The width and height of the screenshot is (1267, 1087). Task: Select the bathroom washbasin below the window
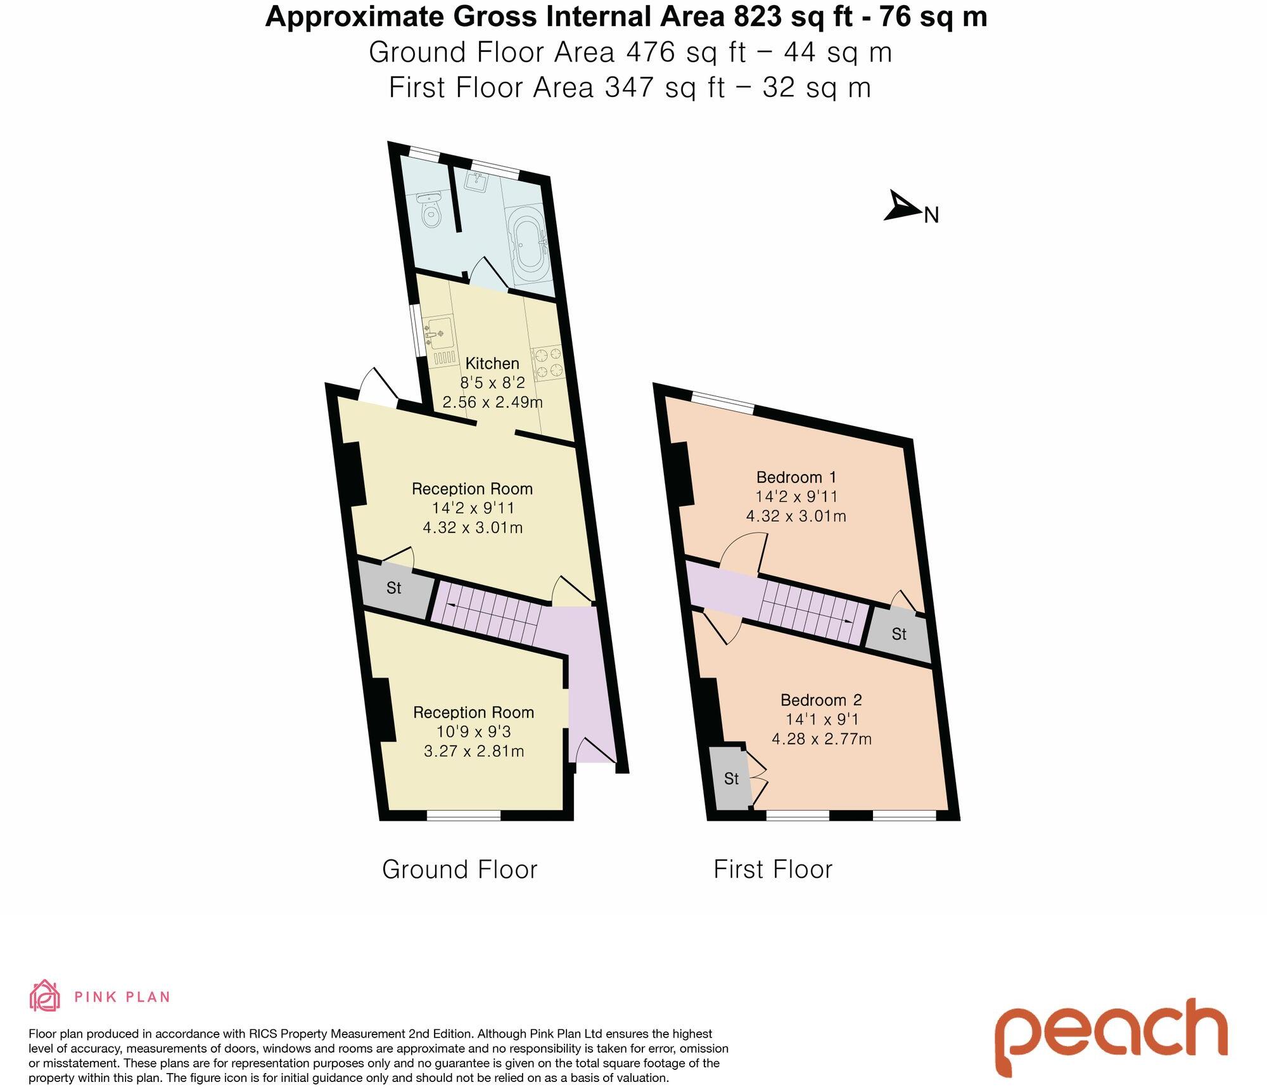[x=476, y=182]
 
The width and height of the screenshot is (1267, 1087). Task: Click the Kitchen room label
[x=492, y=363]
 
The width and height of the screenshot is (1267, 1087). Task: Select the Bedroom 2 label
[x=821, y=700]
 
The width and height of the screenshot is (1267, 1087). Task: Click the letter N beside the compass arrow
[x=931, y=215]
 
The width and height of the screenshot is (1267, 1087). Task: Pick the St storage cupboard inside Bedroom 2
[x=730, y=778]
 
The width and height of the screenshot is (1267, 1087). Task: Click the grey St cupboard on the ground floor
[x=393, y=588]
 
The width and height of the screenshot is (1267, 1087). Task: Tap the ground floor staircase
[x=488, y=611]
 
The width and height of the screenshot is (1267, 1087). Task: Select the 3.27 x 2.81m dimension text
[x=474, y=751]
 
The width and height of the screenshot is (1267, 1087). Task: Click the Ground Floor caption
[x=459, y=869]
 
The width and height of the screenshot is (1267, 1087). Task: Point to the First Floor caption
[x=773, y=869]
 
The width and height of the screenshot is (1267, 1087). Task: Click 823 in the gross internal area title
[x=758, y=17]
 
